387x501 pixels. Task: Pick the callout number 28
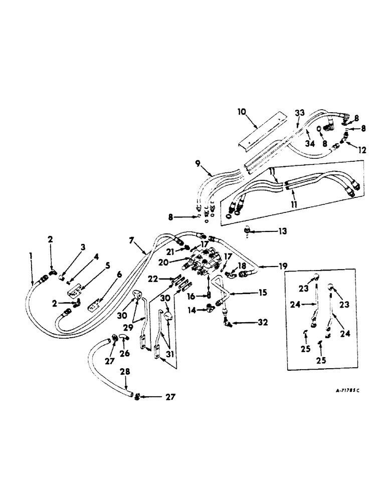tap(124, 372)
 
